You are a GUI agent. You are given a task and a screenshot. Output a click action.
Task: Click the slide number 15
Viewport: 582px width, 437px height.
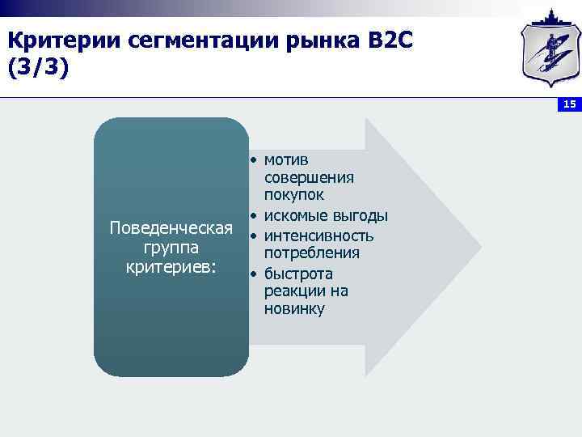569,104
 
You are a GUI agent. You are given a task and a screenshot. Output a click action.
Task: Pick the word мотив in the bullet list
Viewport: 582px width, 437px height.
286,159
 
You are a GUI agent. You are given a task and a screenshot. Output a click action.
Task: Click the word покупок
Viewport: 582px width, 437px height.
293,195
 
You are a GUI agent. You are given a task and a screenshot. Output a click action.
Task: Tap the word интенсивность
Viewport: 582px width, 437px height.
318,235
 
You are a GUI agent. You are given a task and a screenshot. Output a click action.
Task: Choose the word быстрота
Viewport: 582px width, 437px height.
298,274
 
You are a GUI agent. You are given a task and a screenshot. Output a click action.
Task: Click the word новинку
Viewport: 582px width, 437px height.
293,309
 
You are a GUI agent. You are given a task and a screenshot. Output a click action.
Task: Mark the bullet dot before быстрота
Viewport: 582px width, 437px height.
253,275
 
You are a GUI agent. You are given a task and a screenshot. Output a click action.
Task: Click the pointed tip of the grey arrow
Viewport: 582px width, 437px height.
479,248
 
